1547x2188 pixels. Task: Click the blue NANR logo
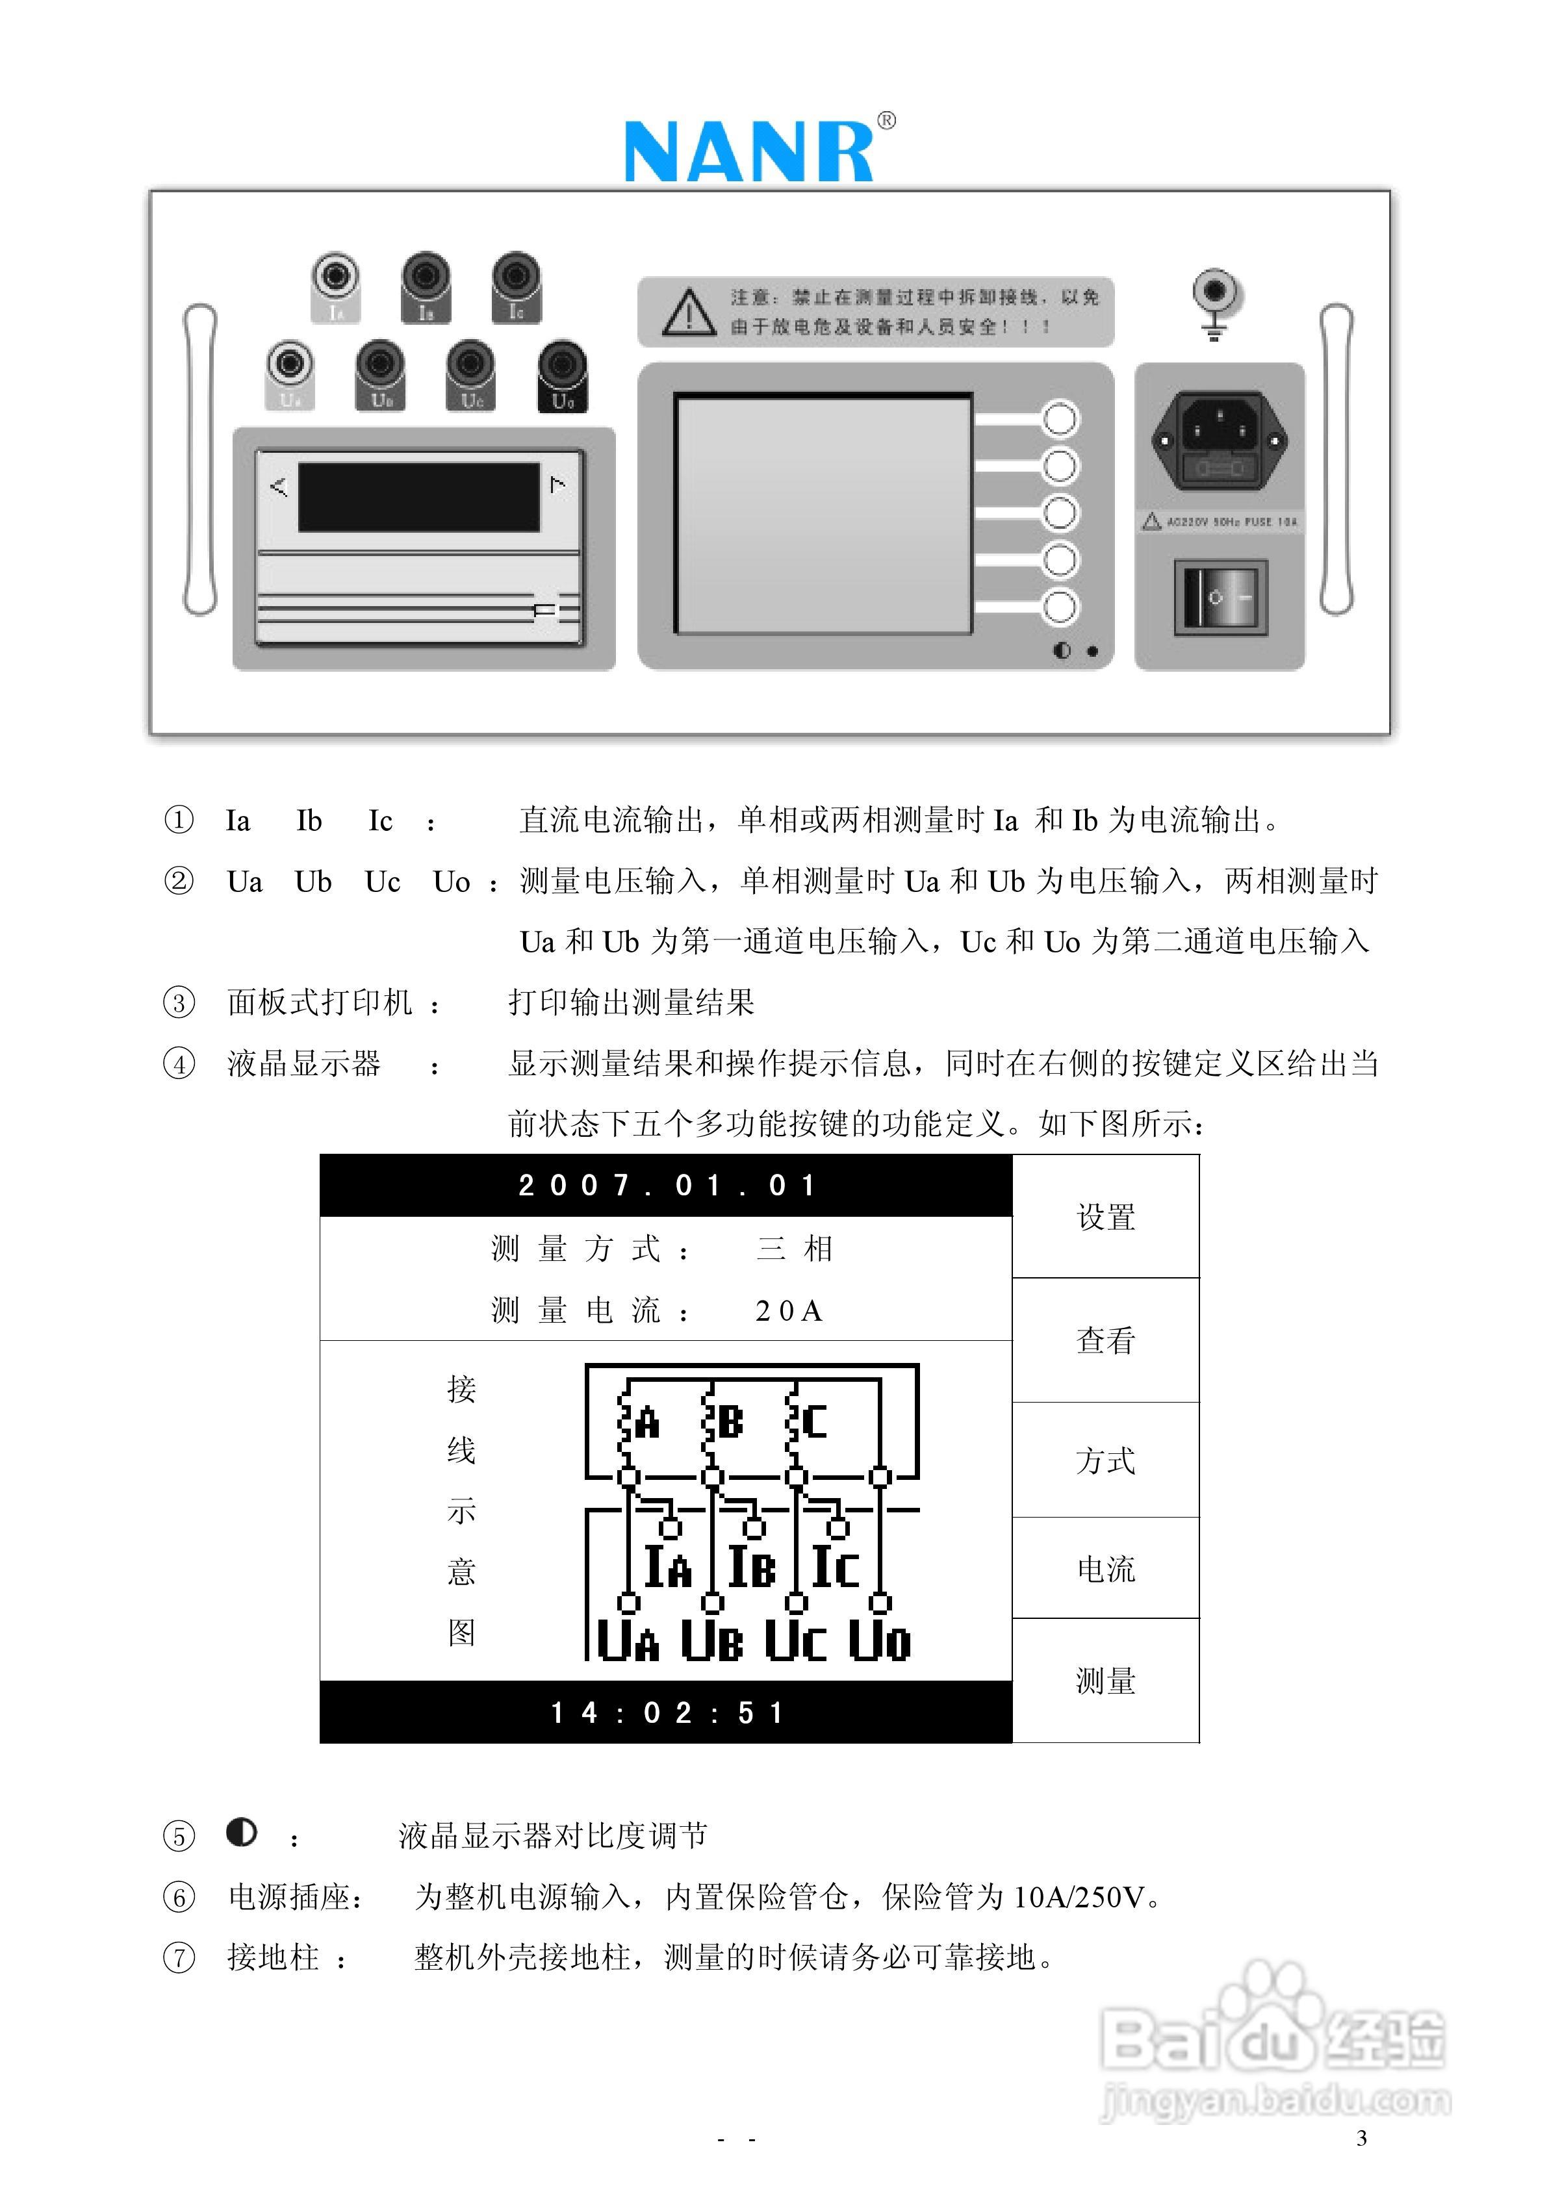749,151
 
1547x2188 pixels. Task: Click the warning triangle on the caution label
688,312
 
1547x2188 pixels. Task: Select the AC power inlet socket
1220,439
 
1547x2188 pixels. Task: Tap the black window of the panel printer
419,496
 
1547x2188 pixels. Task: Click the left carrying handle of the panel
200,459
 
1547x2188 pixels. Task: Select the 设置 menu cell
1106,1217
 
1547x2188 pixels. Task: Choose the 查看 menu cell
1106,1340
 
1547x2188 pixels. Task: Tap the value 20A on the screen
788,1311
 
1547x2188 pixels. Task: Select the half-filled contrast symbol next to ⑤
242,1833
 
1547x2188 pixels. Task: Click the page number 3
1361,2137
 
